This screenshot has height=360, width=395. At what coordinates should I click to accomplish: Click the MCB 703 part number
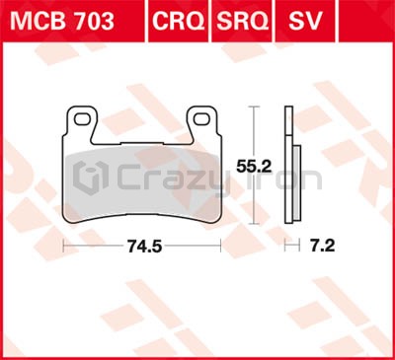pyautogui.click(x=62, y=21)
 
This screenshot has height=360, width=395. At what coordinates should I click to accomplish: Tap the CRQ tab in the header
pyautogui.click(x=178, y=21)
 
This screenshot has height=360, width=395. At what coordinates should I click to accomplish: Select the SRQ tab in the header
pyautogui.click(x=242, y=21)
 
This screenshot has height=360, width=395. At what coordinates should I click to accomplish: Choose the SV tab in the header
pyautogui.click(x=305, y=21)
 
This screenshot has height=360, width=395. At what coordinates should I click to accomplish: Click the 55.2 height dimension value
pyautogui.click(x=254, y=167)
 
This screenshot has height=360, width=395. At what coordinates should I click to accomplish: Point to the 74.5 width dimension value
pyautogui.click(x=145, y=246)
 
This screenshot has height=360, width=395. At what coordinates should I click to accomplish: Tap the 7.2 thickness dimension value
pyautogui.click(x=323, y=246)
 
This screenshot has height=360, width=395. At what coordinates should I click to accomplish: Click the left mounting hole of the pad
pyautogui.click(x=82, y=119)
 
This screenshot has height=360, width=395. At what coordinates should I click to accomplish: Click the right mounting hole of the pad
pyautogui.click(x=201, y=119)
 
